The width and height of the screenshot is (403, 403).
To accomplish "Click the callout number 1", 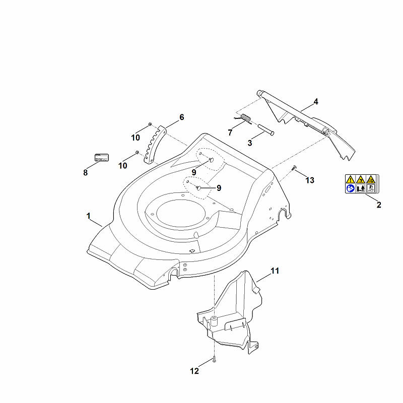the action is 89,216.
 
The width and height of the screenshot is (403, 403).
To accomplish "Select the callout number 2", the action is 379,205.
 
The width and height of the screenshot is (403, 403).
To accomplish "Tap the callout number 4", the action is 316,102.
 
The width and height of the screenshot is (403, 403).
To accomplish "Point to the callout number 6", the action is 182,117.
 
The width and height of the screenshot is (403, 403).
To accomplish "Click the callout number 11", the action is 275,271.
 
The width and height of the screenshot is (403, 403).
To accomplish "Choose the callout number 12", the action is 194,371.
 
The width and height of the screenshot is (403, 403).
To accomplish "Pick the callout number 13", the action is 310,180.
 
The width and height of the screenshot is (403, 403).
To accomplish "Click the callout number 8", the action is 85,172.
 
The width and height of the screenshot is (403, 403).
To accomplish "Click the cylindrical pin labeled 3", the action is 266,129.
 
